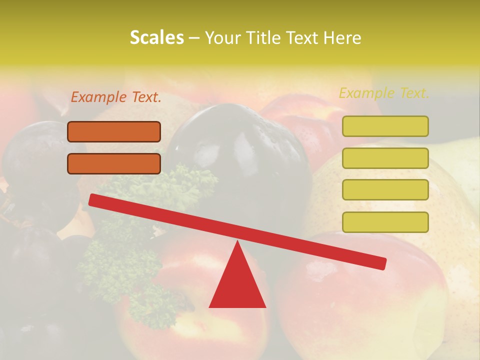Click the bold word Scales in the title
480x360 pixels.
tap(156, 38)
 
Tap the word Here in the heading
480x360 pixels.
tap(342, 38)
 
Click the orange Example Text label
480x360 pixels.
tap(116, 97)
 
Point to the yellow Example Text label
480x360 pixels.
tap(384, 93)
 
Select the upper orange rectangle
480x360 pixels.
tap(114, 131)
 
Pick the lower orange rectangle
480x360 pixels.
tap(114, 163)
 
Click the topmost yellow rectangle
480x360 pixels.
tap(385, 126)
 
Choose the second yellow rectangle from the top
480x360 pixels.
tap(385, 158)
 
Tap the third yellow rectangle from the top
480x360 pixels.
tap(385, 190)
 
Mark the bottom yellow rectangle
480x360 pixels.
tap(385, 222)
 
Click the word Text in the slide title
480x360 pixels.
tap(305, 38)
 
